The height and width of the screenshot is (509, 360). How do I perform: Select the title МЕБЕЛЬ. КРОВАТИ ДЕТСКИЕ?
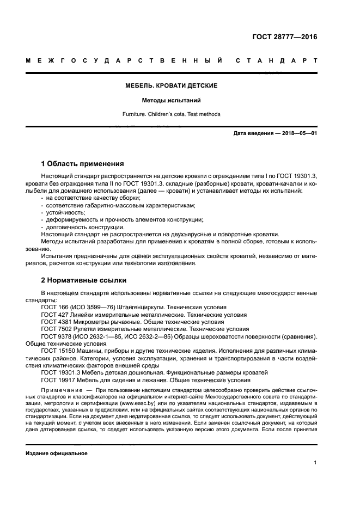pos(172,86)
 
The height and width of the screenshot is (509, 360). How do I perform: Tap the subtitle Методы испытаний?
pos(172,101)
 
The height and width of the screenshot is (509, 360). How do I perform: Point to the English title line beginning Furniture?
pos(172,114)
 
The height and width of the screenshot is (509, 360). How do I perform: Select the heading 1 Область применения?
pos(83,163)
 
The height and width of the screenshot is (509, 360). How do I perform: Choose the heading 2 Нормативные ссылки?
pos(84,280)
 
